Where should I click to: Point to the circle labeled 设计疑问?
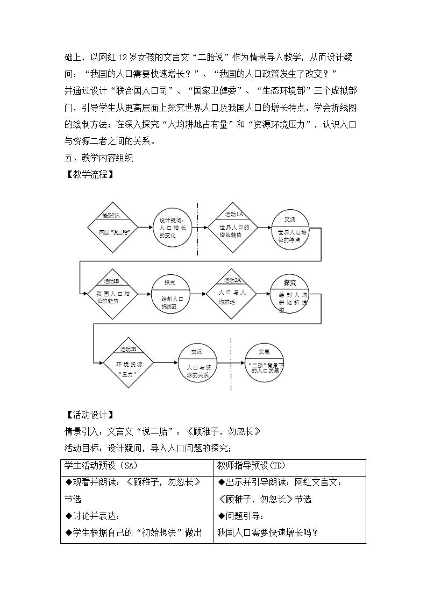172,228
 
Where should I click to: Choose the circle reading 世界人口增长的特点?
291,229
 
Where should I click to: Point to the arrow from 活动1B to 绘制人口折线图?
144,294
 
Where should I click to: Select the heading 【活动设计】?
89,415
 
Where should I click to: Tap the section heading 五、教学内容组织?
98,158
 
